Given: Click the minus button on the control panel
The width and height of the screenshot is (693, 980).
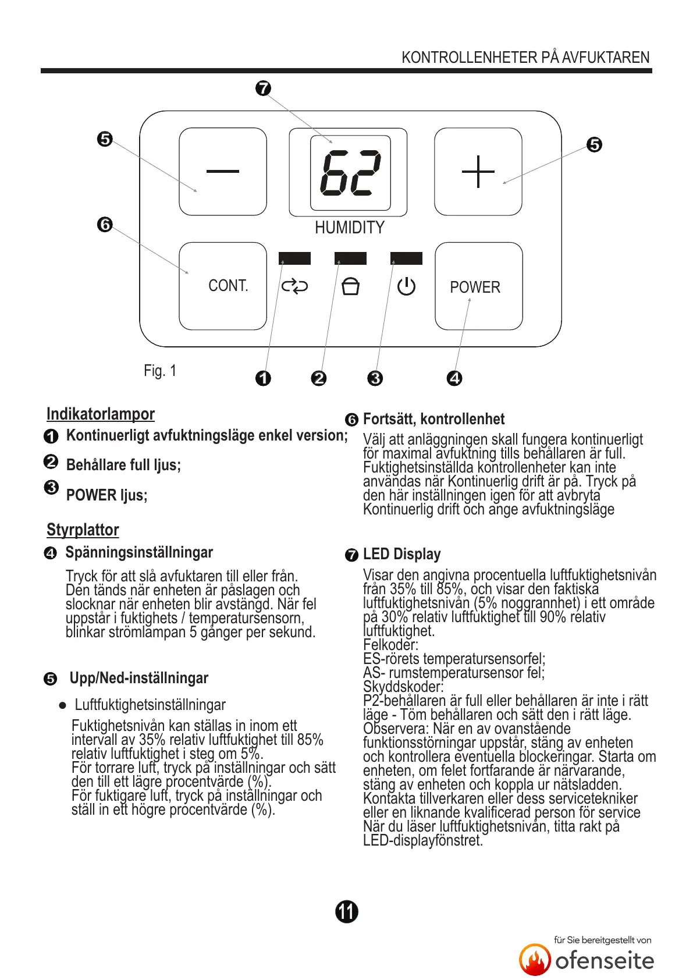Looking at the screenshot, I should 222,171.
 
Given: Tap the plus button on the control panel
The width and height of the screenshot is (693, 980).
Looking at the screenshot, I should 478,171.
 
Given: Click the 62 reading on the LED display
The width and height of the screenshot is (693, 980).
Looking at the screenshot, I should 350,173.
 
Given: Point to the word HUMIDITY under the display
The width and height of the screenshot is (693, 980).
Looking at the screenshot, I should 350,228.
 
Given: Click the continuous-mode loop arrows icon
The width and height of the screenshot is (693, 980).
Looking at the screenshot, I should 294,286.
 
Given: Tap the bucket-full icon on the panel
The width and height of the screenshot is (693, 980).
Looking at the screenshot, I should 350,286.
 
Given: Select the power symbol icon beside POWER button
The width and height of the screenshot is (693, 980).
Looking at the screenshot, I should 406,286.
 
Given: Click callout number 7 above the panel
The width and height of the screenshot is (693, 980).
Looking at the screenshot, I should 264,88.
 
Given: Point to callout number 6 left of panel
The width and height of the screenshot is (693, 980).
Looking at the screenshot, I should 105,224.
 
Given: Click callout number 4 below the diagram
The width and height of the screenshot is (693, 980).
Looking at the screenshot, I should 454,378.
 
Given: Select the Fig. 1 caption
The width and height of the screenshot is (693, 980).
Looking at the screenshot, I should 160,371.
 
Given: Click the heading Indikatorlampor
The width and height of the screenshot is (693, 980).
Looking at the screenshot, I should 101,414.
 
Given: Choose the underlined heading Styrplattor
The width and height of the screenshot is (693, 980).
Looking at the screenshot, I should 83,530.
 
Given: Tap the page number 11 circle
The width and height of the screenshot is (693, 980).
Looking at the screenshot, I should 347,911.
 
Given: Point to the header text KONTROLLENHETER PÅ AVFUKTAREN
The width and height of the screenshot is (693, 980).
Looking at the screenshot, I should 525,58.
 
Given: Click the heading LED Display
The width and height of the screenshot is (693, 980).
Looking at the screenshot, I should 401,554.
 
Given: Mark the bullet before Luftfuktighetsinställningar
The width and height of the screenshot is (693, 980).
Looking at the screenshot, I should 63,705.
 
